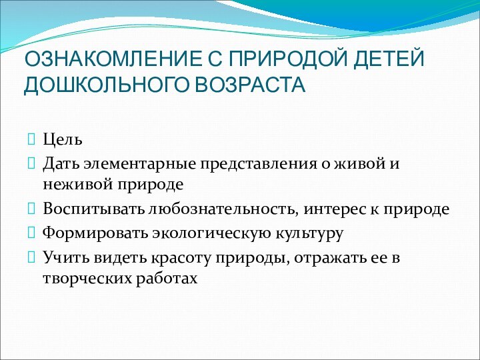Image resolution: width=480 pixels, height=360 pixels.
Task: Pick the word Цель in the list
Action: click(63, 141)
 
